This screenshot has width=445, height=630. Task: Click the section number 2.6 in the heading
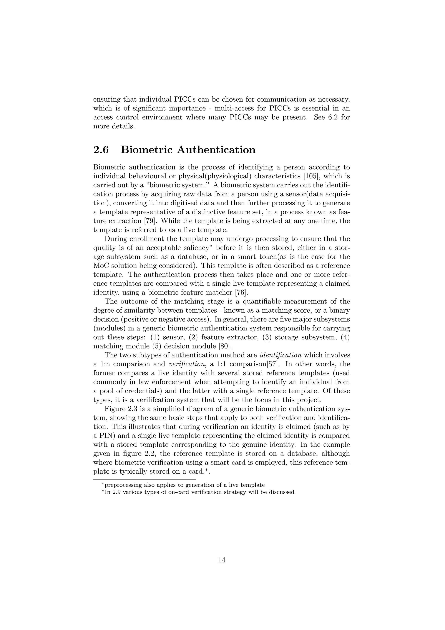[101, 150]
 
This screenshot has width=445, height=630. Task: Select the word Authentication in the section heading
[216, 150]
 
